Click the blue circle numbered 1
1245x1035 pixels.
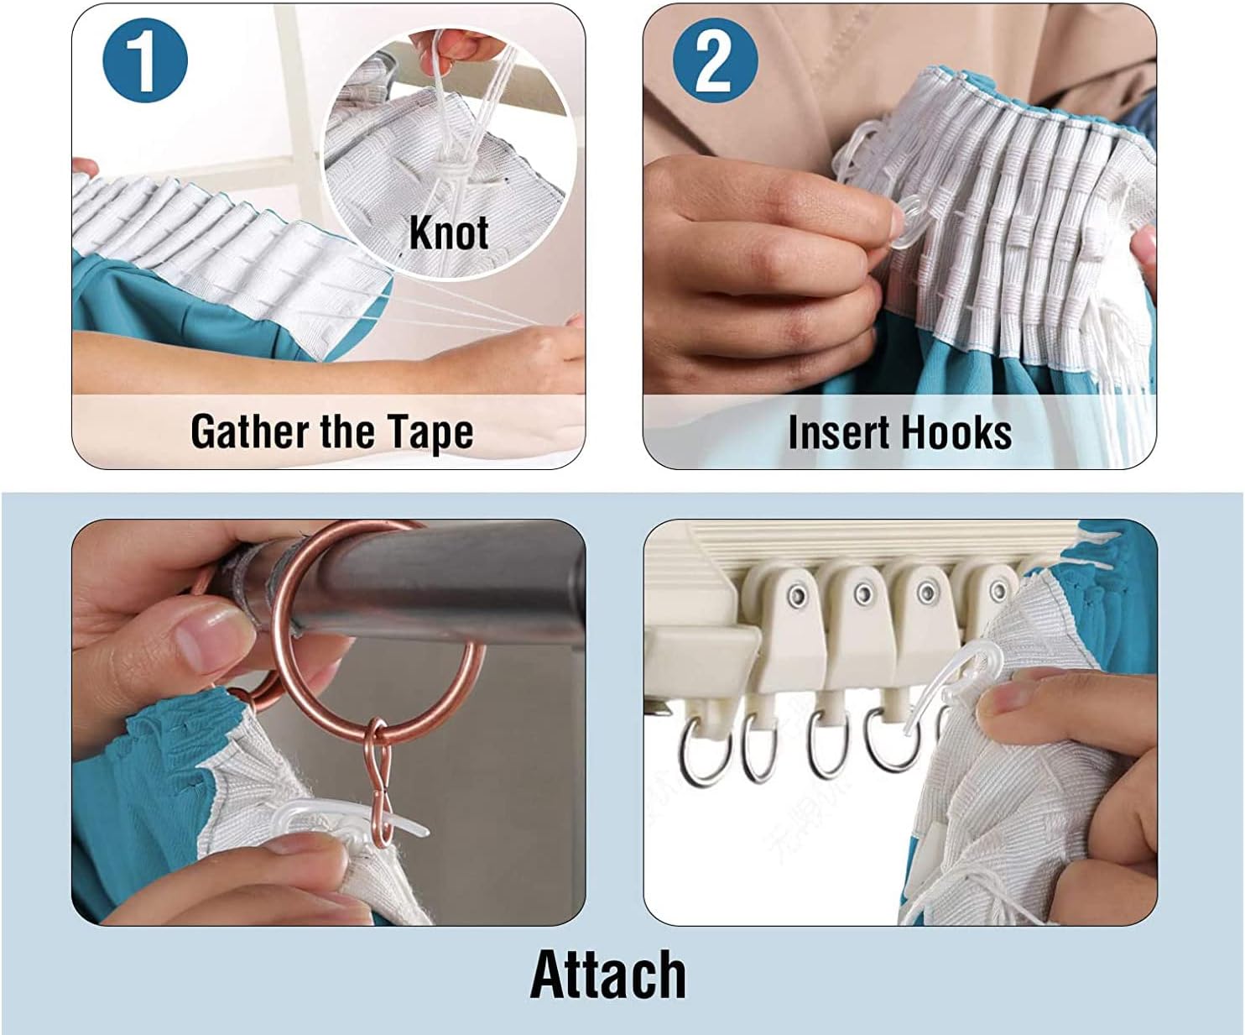pos(145,60)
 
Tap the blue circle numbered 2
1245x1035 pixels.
pos(716,60)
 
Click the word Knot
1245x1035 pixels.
pos(449,233)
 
